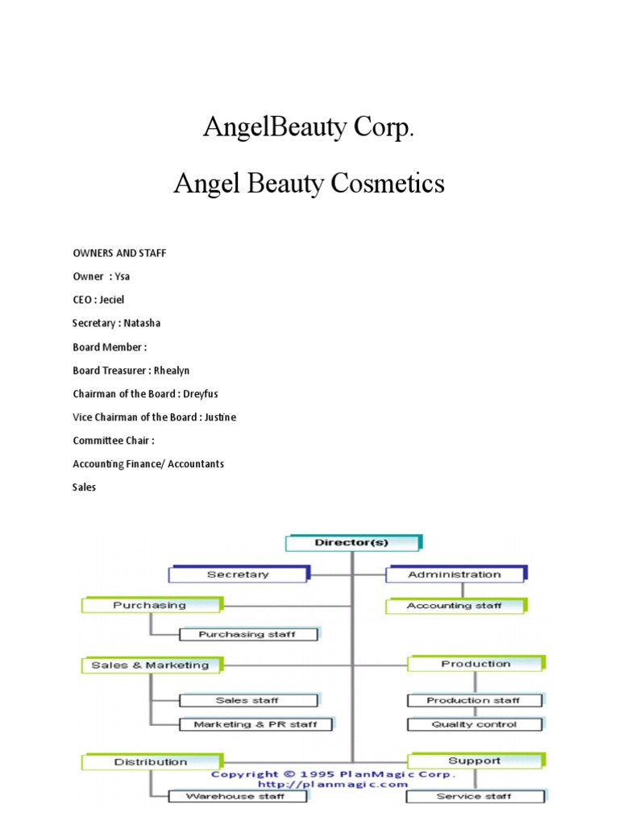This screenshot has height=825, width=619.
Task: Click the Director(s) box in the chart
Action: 352,543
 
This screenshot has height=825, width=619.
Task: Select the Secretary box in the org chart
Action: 238,574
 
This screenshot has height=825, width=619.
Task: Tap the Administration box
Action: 455,574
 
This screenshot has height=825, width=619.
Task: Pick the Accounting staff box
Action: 455,606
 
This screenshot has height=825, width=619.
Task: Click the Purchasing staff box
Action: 247,634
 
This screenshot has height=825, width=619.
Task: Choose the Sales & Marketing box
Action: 151,665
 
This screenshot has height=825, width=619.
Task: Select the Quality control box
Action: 474,724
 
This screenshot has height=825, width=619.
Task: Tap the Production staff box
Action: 474,701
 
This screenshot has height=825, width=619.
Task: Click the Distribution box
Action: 151,762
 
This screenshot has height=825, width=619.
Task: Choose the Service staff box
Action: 474,796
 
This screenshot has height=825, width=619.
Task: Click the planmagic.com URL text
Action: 333,784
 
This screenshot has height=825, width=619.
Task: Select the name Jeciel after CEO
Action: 112,300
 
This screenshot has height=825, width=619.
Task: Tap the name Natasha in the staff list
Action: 142,323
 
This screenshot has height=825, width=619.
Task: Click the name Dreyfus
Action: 201,394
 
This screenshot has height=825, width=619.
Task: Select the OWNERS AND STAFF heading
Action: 119,253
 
